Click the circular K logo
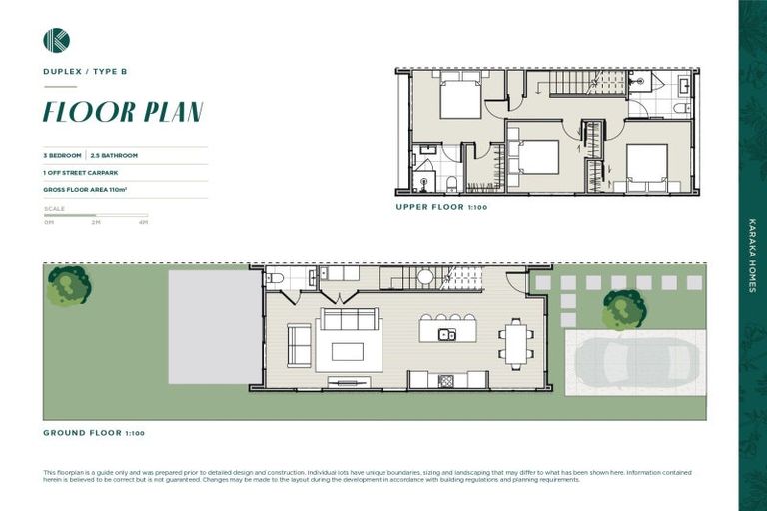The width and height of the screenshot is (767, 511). click(x=56, y=40)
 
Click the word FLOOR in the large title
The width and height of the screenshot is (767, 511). click(x=84, y=112)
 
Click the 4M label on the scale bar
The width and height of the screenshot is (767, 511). click(x=143, y=222)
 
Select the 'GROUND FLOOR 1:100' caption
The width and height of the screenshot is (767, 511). click(x=94, y=433)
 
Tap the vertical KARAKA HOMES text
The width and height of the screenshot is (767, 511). click(x=752, y=255)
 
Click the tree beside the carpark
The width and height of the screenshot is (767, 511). click(x=624, y=310)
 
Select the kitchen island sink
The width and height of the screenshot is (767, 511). click(x=447, y=335)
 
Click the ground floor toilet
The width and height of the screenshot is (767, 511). click(x=275, y=278)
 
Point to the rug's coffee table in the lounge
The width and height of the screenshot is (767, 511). click(x=347, y=351)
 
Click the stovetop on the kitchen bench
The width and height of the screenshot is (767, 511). click(x=446, y=380)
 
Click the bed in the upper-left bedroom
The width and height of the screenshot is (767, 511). click(x=460, y=98)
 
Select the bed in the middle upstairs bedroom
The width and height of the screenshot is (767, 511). click(x=535, y=157)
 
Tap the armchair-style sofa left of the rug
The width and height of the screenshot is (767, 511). click(x=299, y=344)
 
